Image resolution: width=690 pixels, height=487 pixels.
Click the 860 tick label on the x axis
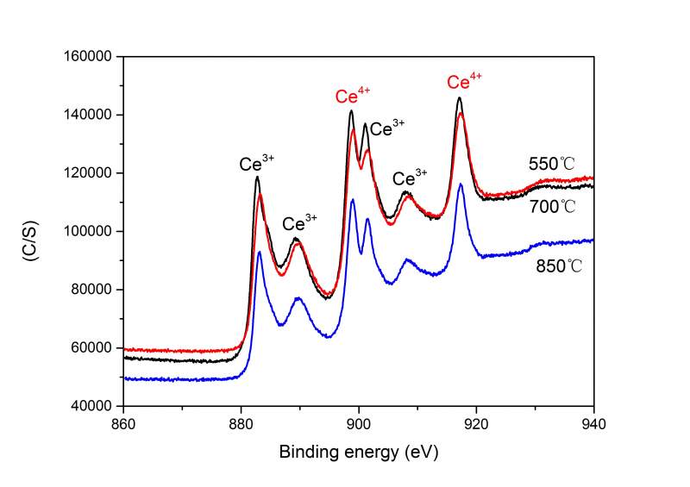tap(123, 422)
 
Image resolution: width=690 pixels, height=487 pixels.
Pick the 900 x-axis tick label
tap(359, 422)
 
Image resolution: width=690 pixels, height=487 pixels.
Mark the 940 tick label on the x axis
tap(593, 422)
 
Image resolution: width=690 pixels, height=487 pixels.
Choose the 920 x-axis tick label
tap(476, 422)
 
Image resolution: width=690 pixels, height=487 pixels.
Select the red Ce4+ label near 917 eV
tap(465, 82)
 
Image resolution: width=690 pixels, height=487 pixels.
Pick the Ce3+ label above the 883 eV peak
tap(257, 163)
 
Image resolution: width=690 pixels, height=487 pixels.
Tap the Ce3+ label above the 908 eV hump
tap(410, 178)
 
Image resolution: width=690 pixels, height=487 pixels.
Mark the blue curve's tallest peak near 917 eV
tap(461, 184)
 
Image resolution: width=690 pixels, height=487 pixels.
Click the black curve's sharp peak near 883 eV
tap(257, 178)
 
